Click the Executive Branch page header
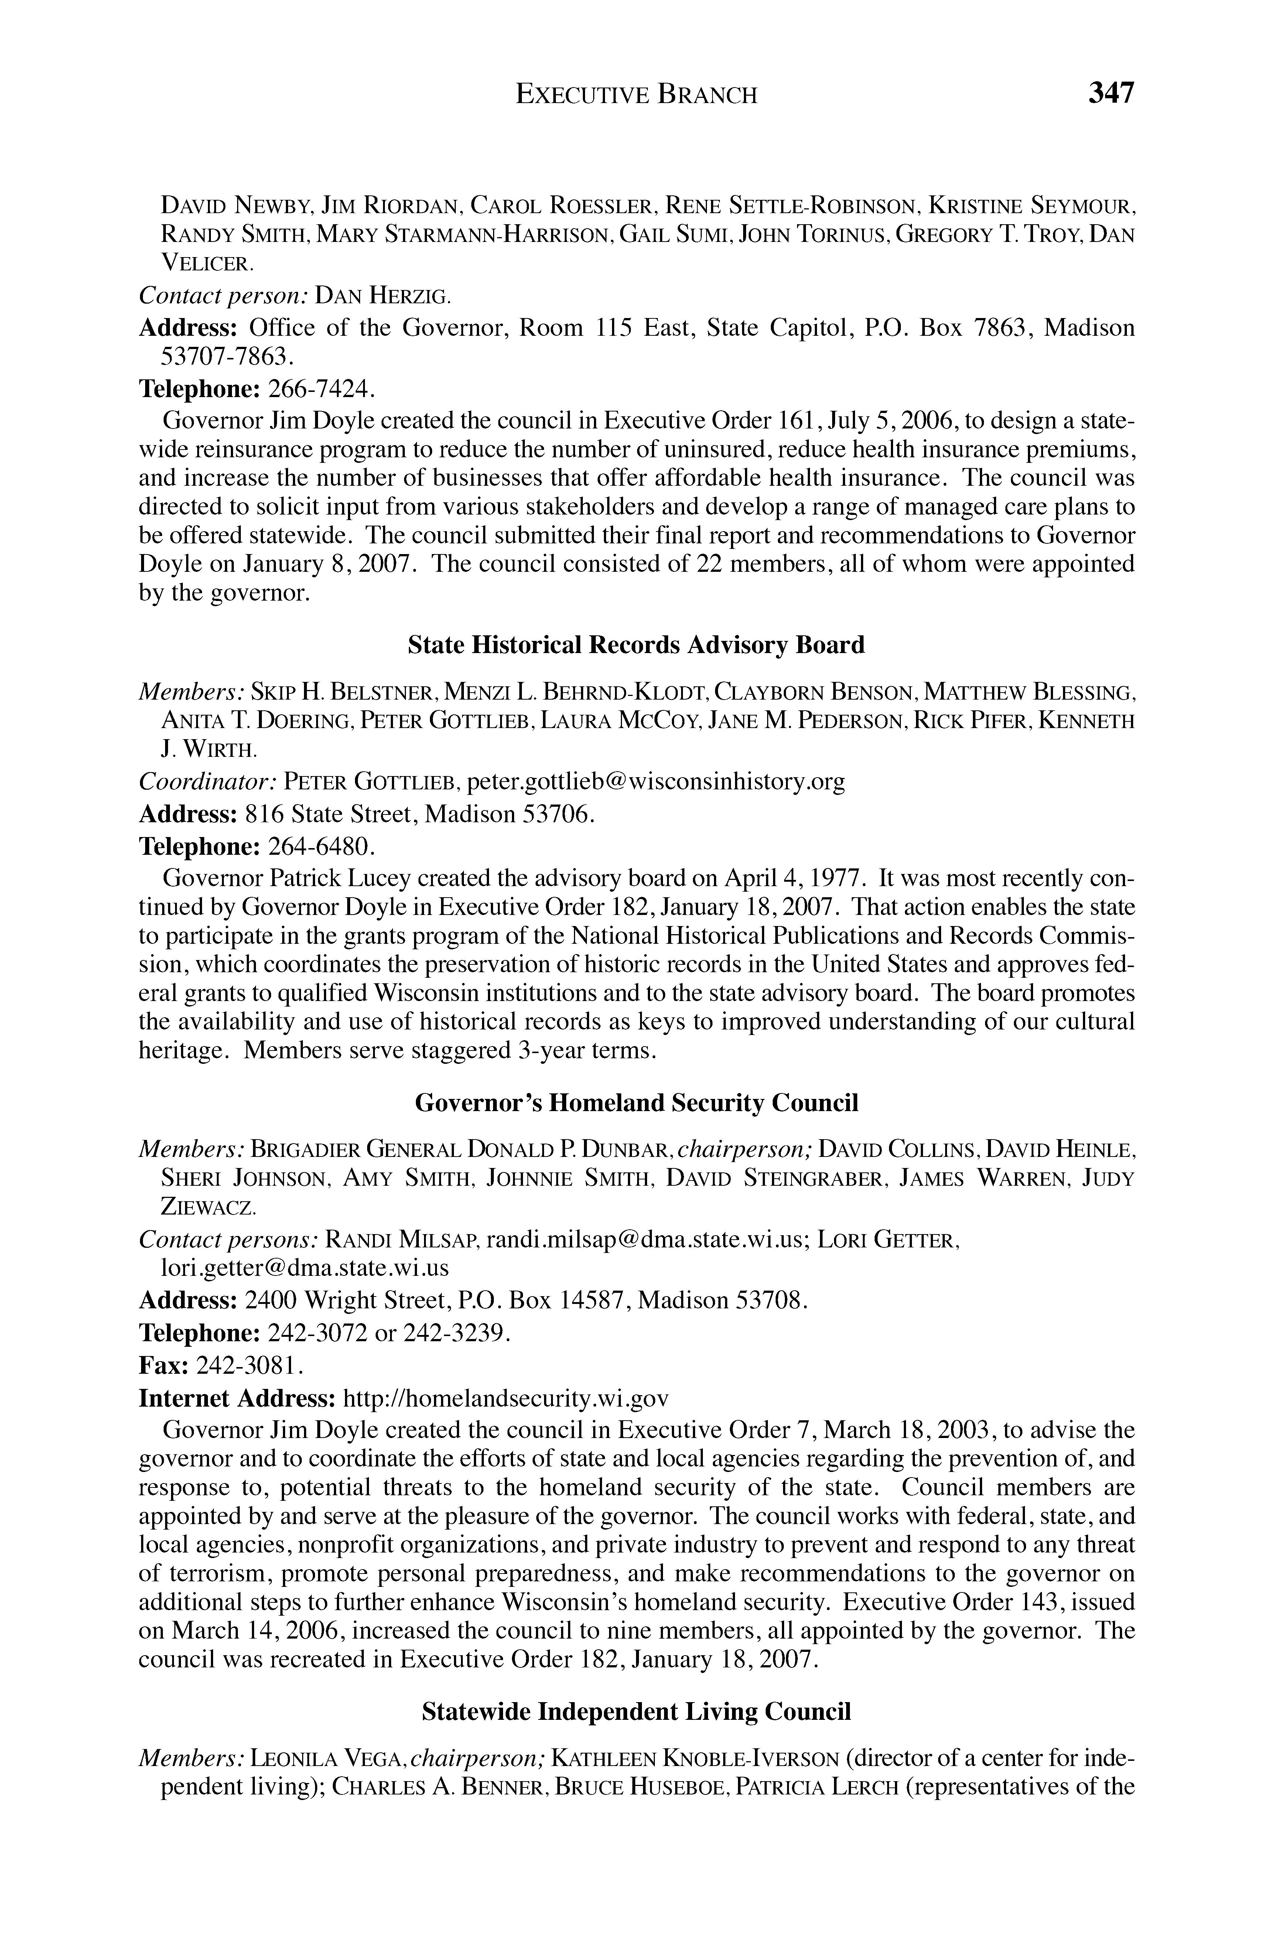point(637,95)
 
